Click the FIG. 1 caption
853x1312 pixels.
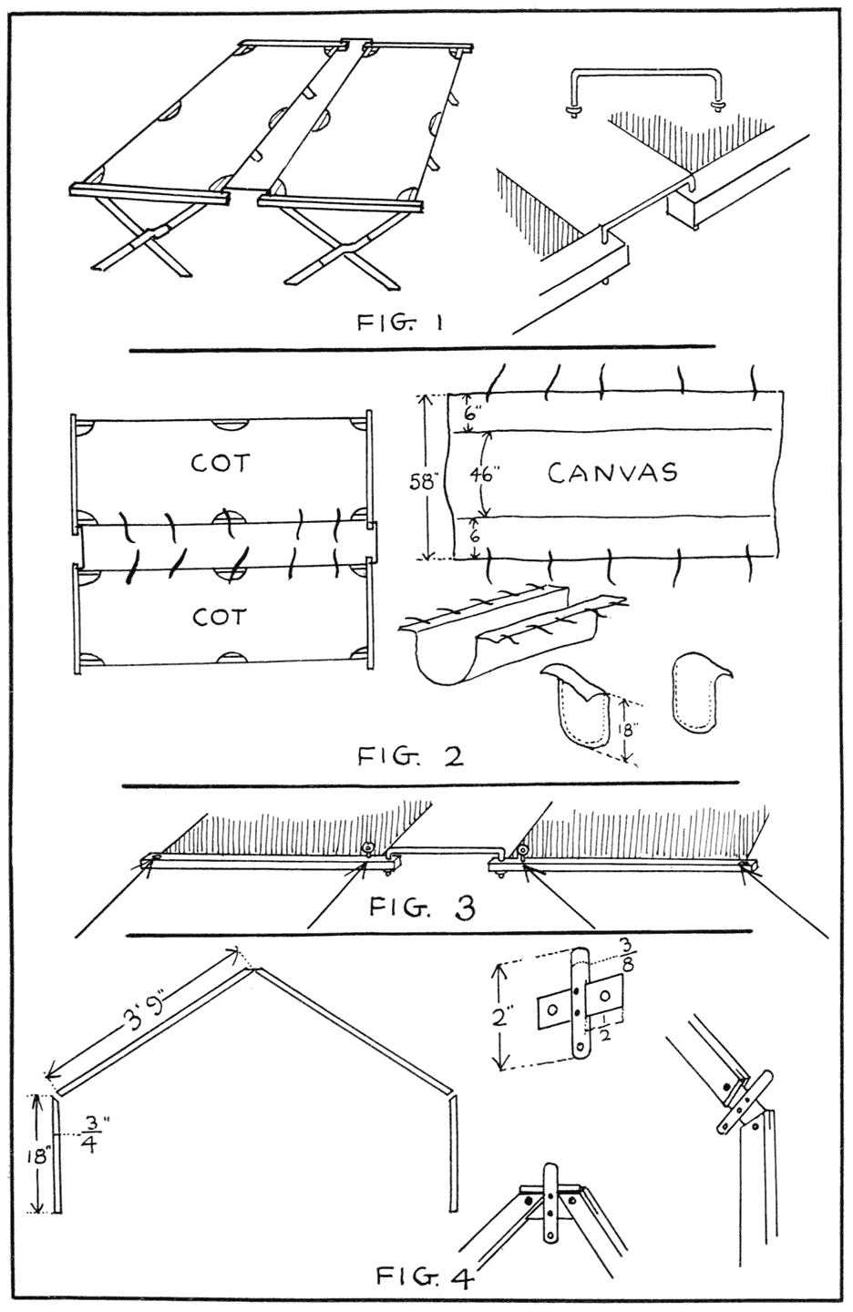[x=399, y=323]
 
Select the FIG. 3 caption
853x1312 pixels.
[x=422, y=908]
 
